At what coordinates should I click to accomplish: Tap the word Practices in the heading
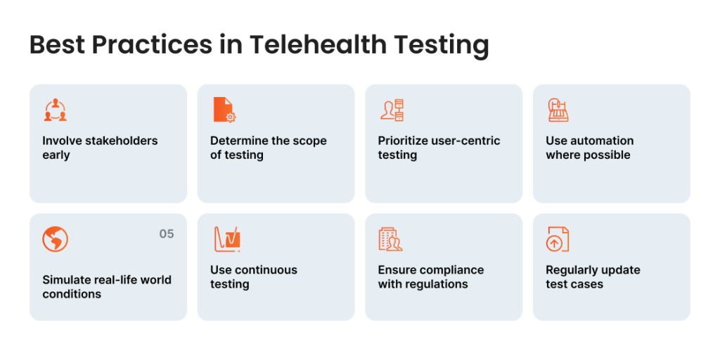coord(152,46)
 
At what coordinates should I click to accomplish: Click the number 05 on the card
coord(167,234)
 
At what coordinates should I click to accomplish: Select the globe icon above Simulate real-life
coord(55,239)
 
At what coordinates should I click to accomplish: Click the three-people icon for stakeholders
coord(56,110)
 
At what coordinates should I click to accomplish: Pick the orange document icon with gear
coord(224,110)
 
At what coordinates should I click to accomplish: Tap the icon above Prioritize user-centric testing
coord(392,110)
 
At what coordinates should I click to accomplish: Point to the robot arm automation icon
coord(558,110)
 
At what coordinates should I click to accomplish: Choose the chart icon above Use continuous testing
coord(227,239)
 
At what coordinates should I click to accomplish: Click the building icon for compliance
coord(390,239)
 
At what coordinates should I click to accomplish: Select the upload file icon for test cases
coord(558,239)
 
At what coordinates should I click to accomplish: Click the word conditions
coord(72,293)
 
